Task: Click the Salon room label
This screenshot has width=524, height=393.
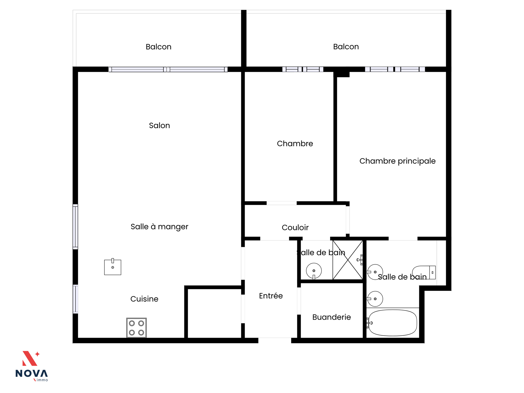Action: coord(159,125)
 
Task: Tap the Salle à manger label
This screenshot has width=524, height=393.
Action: coord(159,227)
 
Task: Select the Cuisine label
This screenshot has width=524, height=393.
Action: coord(144,299)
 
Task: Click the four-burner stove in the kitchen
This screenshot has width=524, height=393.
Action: coord(136,327)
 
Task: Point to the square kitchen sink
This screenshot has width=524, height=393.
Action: coord(113,267)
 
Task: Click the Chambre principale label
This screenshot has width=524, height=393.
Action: coord(397,161)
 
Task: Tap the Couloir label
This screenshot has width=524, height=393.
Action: coord(295,227)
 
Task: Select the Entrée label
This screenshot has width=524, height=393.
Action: coord(271,296)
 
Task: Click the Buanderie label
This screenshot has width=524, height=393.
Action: coord(331,317)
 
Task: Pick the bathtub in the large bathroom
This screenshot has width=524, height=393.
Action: coord(392,323)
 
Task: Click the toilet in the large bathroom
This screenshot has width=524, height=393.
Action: coord(424,272)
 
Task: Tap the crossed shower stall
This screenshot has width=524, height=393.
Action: coord(348,260)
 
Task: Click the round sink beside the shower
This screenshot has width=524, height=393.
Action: coord(314,271)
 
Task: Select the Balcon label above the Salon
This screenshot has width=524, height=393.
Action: coord(159,47)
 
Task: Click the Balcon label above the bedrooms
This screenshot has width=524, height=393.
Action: coord(346,47)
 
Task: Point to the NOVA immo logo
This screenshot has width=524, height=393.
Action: coord(31,366)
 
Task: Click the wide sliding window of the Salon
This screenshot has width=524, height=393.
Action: coord(168,69)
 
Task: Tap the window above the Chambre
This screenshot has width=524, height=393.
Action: coord(303,69)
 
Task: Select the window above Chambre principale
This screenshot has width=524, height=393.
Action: coord(395,69)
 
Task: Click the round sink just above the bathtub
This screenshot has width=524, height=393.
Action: coord(375,299)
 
